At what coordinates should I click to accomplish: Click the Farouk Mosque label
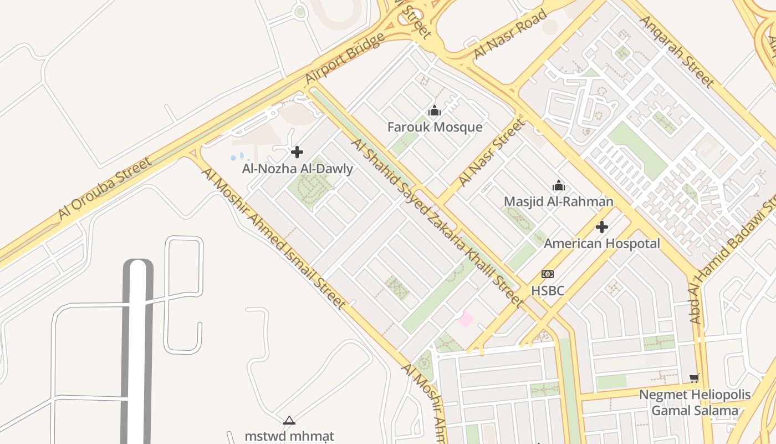(x=435, y=127)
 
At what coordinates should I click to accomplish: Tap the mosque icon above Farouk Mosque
(x=435, y=111)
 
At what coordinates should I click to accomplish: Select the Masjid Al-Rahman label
(x=558, y=201)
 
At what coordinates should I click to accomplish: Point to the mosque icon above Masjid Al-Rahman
(x=558, y=185)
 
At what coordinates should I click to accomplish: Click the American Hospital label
(x=601, y=244)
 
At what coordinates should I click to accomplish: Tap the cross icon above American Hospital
(x=601, y=227)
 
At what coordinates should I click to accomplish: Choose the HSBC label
(x=548, y=290)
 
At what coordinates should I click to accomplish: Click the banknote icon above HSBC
(x=548, y=274)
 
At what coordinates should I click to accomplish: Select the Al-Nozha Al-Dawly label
(x=297, y=169)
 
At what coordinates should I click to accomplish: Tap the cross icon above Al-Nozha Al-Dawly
(x=297, y=152)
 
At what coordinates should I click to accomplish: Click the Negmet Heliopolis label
(x=695, y=395)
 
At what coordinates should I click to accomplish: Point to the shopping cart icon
(x=695, y=379)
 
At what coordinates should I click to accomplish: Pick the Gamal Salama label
(x=695, y=411)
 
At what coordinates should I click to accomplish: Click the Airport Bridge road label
(x=345, y=58)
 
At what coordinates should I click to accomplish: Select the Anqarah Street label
(x=677, y=51)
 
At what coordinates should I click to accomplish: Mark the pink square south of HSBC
(x=466, y=319)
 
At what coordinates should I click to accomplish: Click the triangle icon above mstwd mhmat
(x=289, y=421)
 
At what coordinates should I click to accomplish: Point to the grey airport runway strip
(x=137, y=350)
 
